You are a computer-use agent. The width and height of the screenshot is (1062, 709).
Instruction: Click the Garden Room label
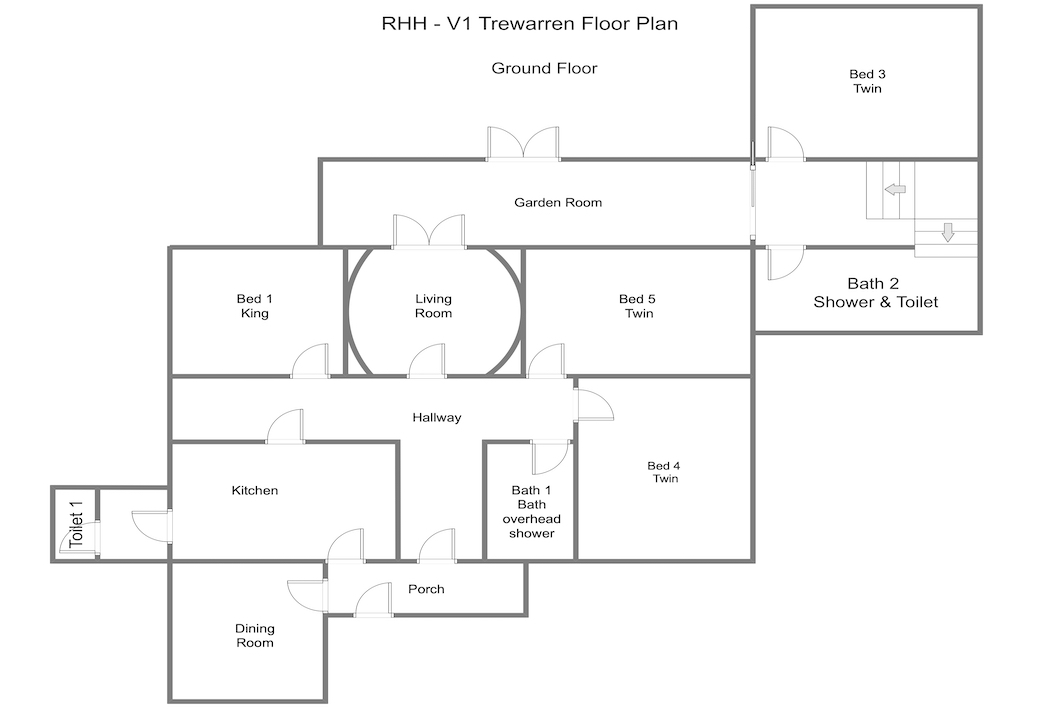click(x=557, y=202)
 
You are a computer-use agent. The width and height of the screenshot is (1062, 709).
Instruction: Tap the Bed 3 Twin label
click(x=867, y=81)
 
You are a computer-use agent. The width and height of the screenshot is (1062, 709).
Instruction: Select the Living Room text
click(x=433, y=306)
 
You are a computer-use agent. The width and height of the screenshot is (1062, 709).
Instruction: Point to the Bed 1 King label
click(x=255, y=306)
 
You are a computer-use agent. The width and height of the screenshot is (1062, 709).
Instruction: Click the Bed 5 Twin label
click(x=638, y=306)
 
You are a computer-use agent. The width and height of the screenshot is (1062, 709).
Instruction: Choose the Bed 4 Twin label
click(x=664, y=472)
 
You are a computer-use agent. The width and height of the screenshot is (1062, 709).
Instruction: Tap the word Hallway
click(x=437, y=417)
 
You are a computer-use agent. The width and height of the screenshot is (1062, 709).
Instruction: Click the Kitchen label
click(x=255, y=490)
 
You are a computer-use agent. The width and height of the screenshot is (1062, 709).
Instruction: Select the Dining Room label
click(x=255, y=636)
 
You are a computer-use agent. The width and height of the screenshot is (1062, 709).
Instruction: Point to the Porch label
click(x=426, y=589)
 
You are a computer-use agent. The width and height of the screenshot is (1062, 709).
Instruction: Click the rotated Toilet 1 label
click(x=76, y=524)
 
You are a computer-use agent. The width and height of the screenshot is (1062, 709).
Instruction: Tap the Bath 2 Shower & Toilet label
click(x=875, y=293)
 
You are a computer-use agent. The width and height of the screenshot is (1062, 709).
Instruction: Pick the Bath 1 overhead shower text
click(x=532, y=511)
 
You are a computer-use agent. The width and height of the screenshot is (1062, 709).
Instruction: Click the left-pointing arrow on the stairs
click(x=895, y=189)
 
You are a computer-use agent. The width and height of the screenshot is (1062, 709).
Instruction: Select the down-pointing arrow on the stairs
click(x=948, y=232)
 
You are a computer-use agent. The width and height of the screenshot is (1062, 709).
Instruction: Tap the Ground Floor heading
click(x=545, y=68)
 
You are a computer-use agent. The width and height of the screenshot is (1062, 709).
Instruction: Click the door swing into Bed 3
click(x=786, y=144)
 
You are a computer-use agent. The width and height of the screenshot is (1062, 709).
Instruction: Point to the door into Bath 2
click(x=786, y=263)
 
